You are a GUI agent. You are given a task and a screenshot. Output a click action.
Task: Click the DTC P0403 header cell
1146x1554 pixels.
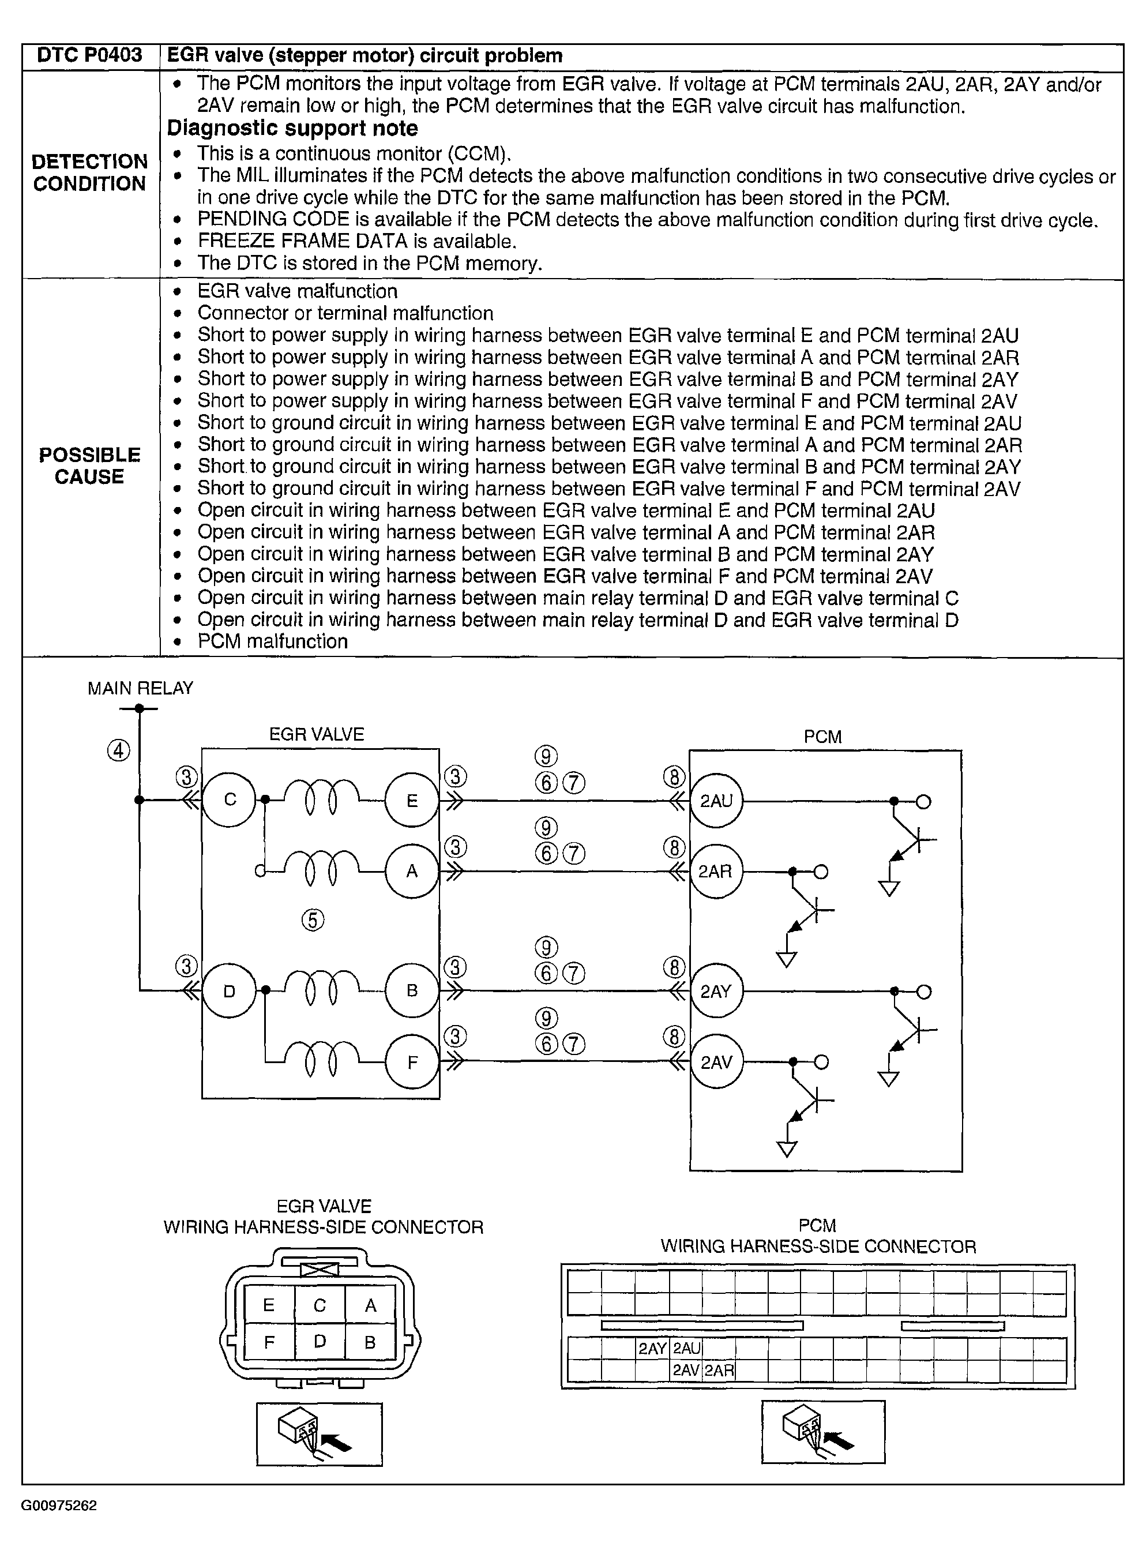click(x=90, y=55)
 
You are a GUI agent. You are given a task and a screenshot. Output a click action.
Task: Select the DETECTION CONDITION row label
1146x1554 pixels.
click(x=90, y=172)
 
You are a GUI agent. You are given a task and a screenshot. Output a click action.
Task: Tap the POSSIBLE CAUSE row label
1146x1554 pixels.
click(x=90, y=466)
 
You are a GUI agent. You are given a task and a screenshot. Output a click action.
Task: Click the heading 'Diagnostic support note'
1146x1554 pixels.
click(x=292, y=128)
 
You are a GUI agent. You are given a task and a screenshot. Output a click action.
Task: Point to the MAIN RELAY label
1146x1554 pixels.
click(x=140, y=688)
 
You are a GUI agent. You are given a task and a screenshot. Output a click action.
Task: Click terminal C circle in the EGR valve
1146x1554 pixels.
click(x=230, y=800)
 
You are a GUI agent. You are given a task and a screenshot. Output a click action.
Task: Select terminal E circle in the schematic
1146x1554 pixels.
click(x=412, y=801)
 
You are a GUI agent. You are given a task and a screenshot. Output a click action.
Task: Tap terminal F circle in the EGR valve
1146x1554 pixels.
click(x=412, y=1062)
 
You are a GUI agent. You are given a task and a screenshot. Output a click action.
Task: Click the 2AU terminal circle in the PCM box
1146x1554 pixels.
click(x=716, y=801)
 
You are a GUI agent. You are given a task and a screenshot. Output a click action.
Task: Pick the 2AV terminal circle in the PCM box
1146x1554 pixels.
click(x=716, y=1062)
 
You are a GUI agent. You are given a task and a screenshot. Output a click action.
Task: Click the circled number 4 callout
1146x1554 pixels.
click(x=119, y=750)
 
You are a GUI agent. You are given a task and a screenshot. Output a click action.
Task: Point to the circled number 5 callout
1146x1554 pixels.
click(x=313, y=921)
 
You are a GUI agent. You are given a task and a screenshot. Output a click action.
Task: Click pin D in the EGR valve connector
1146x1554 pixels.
click(x=320, y=1342)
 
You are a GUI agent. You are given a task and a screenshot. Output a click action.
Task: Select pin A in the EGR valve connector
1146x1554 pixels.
click(x=370, y=1305)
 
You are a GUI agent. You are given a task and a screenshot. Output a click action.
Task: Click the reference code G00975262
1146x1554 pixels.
click(x=59, y=1506)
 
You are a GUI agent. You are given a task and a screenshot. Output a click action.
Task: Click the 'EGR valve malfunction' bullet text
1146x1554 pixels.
click(x=297, y=291)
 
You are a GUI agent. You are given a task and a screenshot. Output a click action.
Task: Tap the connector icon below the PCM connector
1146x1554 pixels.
click(x=823, y=1431)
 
